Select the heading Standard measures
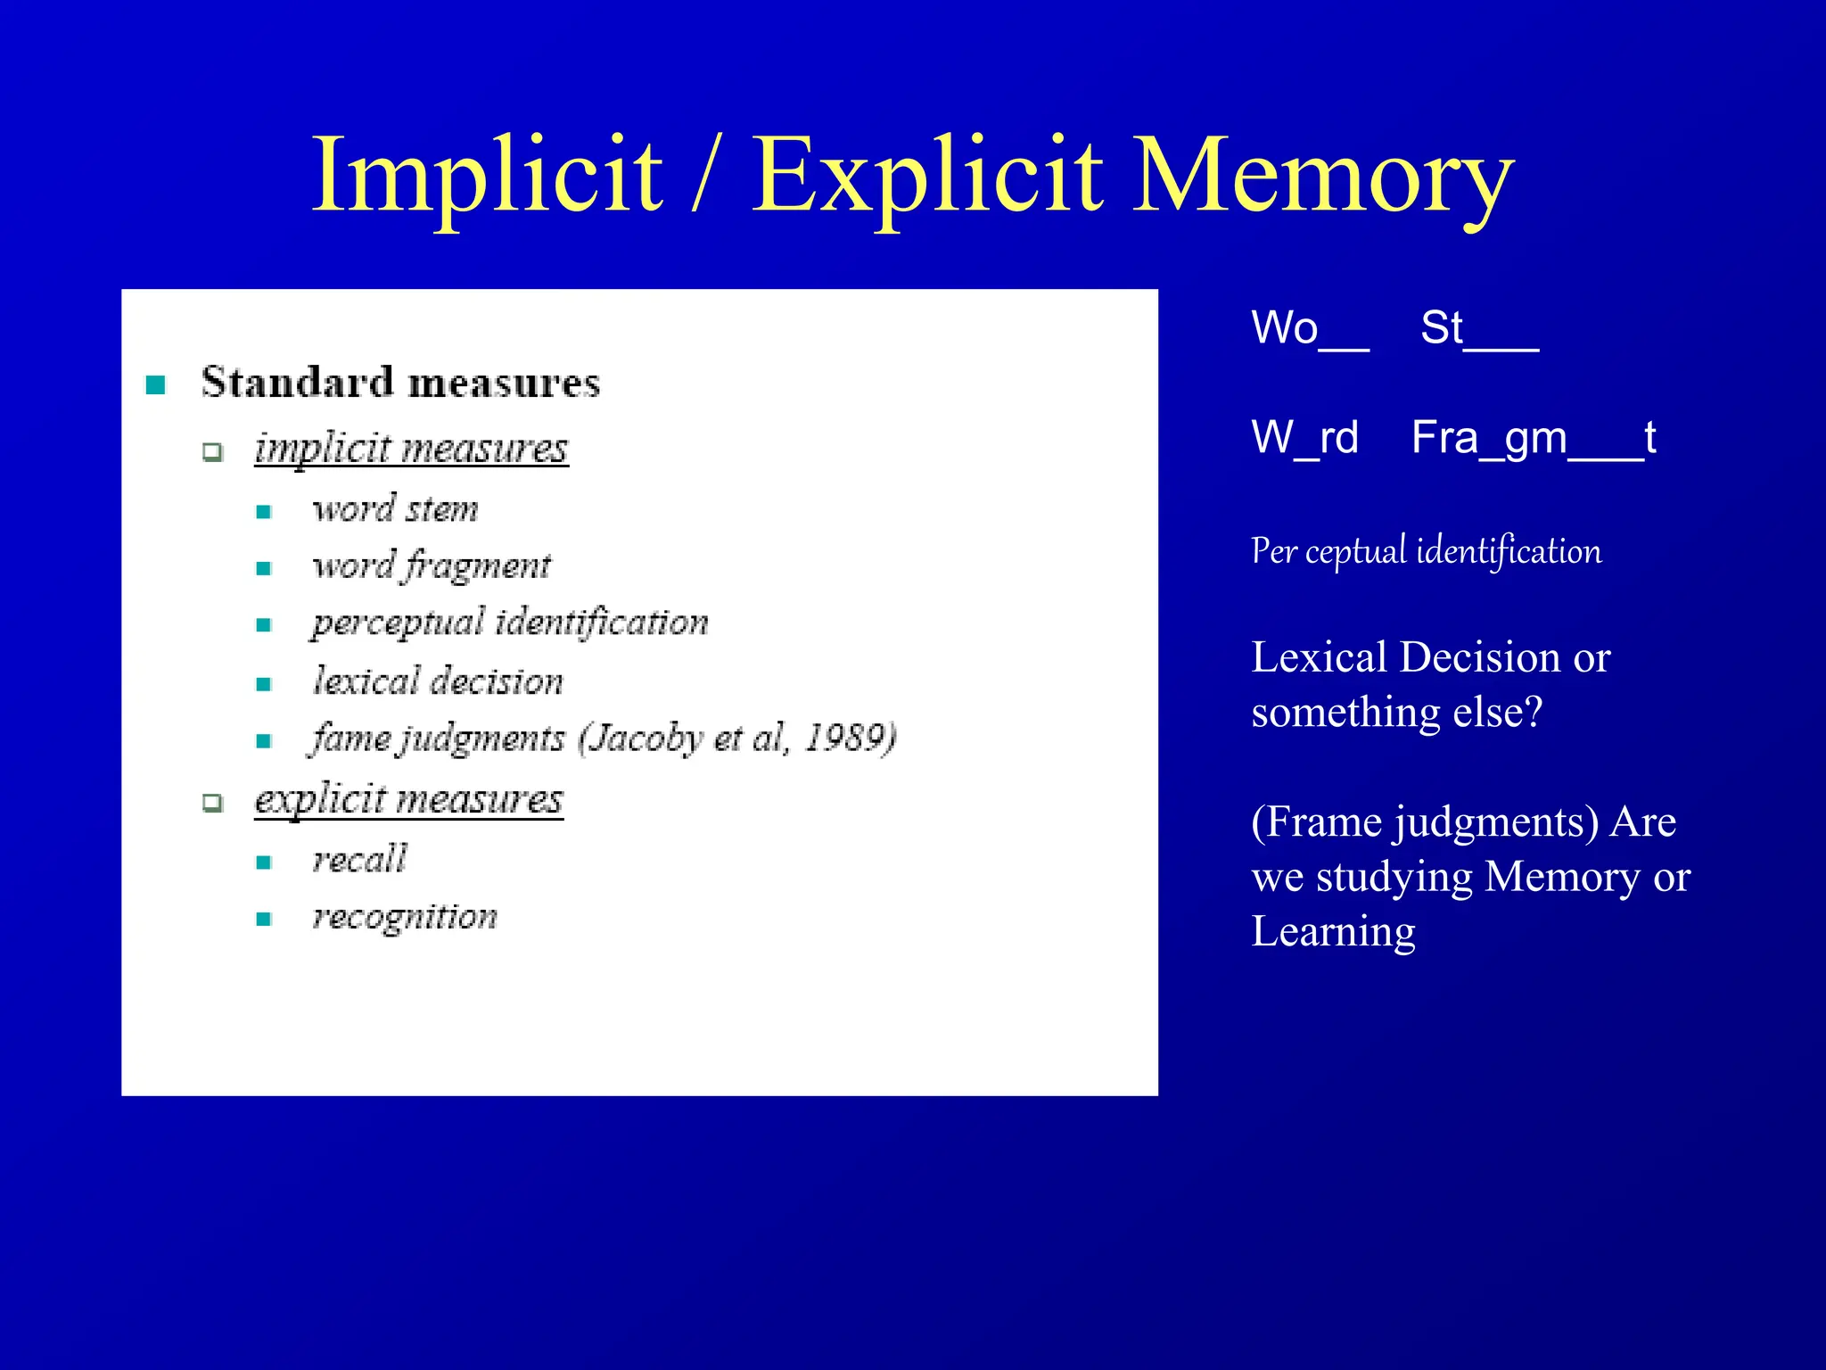coord(400,383)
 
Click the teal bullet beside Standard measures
coord(156,385)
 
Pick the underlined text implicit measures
coord(411,448)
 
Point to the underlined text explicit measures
coord(408,799)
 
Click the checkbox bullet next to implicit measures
coord(212,451)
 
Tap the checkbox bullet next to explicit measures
coord(212,803)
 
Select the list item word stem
coord(395,509)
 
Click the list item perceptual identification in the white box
coord(510,623)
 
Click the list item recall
coord(359,859)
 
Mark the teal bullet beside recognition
coord(264,919)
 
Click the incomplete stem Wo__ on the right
coord(1309,328)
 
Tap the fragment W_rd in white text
coord(1304,438)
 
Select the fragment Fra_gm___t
coord(1534,438)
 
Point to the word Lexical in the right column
coord(1318,657)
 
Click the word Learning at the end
coord(1333,932)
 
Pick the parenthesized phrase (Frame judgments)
coord(1424,821)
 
